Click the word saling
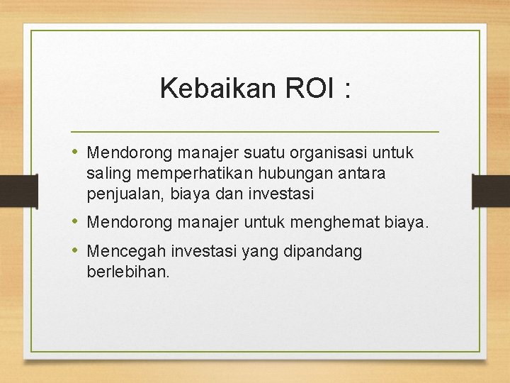pyautogui.click(x=106, y=173)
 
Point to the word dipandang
pyautogui.click(x=326, y=252)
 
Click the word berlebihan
pyautogui.click(x=128, y=272)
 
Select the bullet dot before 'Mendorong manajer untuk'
pyautogui.click(x=76, y=223)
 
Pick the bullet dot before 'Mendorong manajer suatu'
pyautogui.click(x=76, y=152)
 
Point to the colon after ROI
pyautogui.click(x=346, y=90)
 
